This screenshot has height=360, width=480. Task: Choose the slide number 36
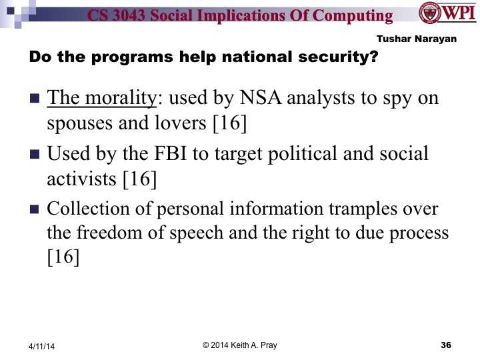[447, 345]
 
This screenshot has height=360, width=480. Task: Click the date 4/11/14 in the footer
[42, 345]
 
